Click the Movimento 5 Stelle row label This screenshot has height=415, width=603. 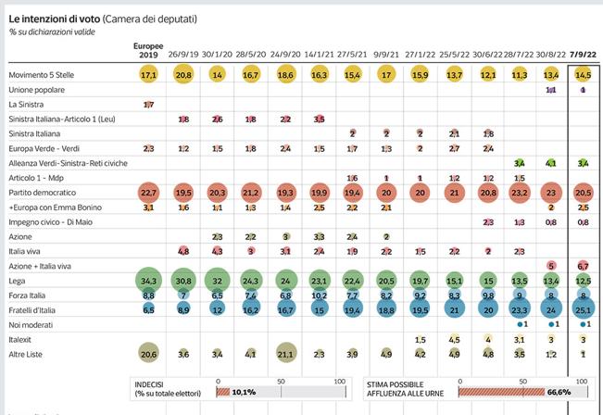pos(44,74)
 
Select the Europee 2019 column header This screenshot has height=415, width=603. pos(148,50)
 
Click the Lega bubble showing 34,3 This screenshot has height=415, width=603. pos(148,280)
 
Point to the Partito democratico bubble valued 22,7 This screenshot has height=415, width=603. pos(148,193)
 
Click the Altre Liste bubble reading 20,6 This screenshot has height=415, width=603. pos(148,353)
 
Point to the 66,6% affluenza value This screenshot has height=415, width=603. pos(558,392)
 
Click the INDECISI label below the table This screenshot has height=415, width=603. pos(153,381)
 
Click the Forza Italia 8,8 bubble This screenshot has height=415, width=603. pos(148,295)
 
